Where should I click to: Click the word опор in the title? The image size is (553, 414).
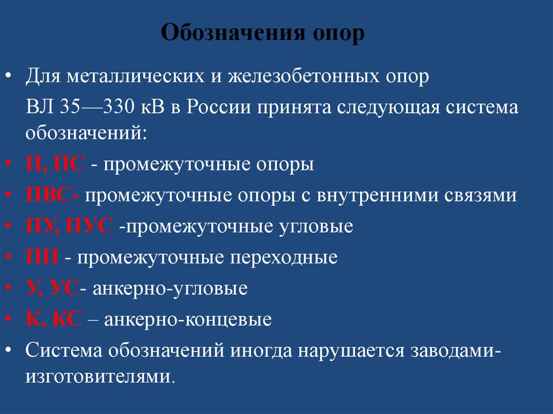(x=339, y=35)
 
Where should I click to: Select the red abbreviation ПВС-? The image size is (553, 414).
(x=52, y=195)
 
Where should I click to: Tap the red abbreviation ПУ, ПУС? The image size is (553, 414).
(x=70, y=226)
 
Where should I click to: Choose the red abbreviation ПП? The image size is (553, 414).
(x=43, y=257)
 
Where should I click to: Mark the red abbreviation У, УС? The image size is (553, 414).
(x=53, y=288)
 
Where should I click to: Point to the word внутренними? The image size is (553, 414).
(x=385, y=195)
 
